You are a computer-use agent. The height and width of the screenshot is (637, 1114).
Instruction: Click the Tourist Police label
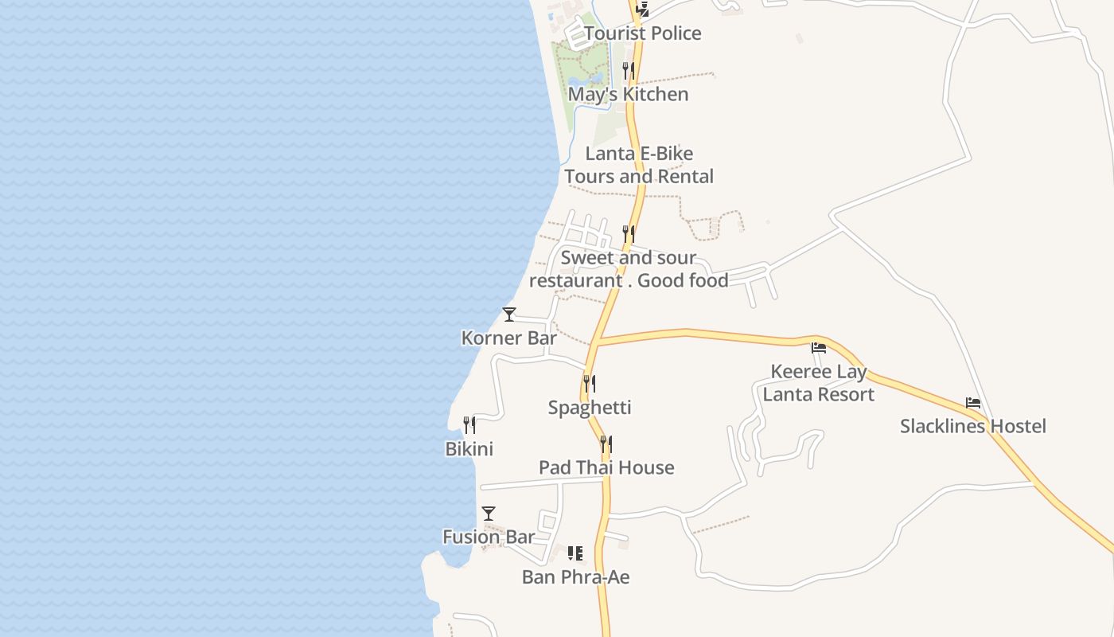pos(642,33)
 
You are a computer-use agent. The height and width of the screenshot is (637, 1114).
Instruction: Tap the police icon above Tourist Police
pos(642,10)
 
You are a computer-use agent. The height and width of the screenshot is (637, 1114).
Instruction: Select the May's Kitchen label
pos(628,94)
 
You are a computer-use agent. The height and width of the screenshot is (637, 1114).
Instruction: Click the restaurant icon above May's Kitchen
pos(629,70)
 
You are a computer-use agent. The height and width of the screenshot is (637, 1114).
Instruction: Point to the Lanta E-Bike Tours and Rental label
pos(639,165)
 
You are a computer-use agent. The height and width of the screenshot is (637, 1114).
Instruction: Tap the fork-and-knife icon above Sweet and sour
pos(629,234)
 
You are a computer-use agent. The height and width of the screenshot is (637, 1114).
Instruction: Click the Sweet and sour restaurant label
pos(629,269)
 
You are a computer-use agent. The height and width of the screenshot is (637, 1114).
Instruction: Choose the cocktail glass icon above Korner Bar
pos(509,315)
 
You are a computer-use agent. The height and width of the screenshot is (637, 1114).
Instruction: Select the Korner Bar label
pos(509,338)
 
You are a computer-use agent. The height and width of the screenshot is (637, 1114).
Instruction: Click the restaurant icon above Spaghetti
pos(590,384)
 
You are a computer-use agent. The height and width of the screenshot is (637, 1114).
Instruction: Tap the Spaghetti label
pos(590,408)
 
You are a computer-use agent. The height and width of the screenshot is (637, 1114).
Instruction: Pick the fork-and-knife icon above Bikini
pos(469,425)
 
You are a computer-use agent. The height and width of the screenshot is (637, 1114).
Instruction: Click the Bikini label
pos(469,449)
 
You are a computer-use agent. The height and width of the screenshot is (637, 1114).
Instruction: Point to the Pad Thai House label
pos(606,467)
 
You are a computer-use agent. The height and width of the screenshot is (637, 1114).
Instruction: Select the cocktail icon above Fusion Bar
pos(489,514)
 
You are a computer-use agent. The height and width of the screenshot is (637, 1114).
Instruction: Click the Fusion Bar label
pos(489,537)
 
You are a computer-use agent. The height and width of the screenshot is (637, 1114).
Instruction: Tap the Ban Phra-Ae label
pos(575,576)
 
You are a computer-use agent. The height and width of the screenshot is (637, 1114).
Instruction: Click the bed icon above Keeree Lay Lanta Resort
pos(819,348)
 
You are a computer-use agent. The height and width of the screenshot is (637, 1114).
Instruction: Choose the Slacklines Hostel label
pos(972,426)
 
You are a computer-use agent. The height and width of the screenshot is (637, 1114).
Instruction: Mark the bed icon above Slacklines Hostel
pos(973,403)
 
